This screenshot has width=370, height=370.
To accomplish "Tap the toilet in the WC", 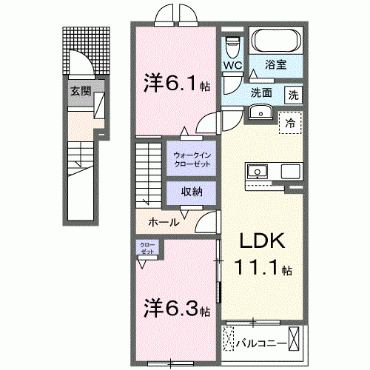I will [x=233, y=46].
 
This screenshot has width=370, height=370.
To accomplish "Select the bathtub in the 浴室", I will [x=274, y=39].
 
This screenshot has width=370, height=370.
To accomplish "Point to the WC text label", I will [x=233, y=65].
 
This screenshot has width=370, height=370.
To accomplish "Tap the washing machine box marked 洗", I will [x=294, y=94].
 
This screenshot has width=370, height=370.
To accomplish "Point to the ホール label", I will [x=163, y=222].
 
